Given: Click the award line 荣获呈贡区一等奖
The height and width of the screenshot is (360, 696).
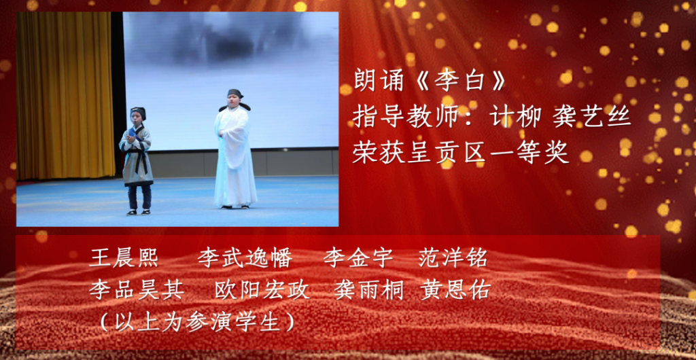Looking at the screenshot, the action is (461, 154).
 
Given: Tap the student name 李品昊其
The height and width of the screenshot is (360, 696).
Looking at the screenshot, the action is (137, 291).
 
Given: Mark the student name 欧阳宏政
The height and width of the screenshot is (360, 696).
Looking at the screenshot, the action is (262, 291).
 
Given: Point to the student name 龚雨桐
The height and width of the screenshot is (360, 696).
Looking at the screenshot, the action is (369, 291).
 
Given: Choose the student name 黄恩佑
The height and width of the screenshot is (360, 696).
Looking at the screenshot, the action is (455, 291).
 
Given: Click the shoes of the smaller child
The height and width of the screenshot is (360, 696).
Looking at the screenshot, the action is (139, 212).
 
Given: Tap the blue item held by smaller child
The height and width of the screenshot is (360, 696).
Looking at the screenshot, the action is (135, 132).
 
